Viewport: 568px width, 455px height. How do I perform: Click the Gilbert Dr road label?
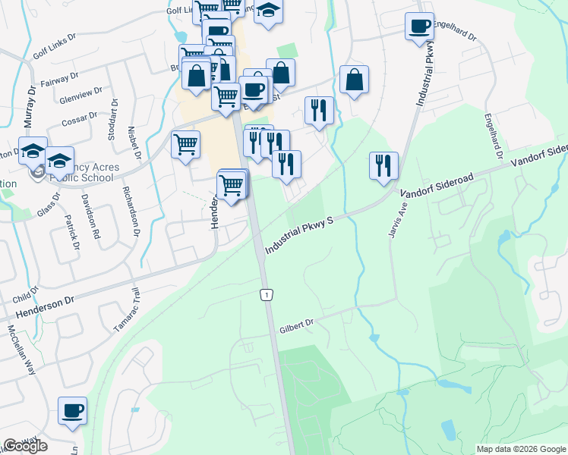[295, 324]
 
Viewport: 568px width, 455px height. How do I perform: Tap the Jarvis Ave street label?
[393, 220]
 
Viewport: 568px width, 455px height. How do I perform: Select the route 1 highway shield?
[266, 294]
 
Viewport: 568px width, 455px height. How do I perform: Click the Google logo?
[25, 446]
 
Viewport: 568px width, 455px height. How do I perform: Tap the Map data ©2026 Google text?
[521, 449]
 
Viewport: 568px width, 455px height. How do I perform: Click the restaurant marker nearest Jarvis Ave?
[383, 166]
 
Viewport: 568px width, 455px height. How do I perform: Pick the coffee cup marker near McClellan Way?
[72, 411]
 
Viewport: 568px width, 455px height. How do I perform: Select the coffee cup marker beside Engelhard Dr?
[419, 27]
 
